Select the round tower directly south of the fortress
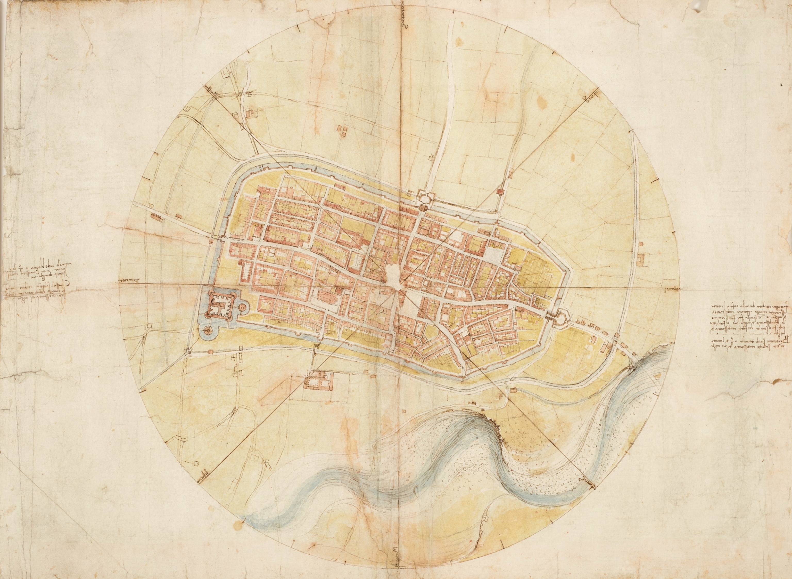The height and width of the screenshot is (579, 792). tap(208, 329)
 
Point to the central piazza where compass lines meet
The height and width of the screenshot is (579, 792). tap(395, 279)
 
